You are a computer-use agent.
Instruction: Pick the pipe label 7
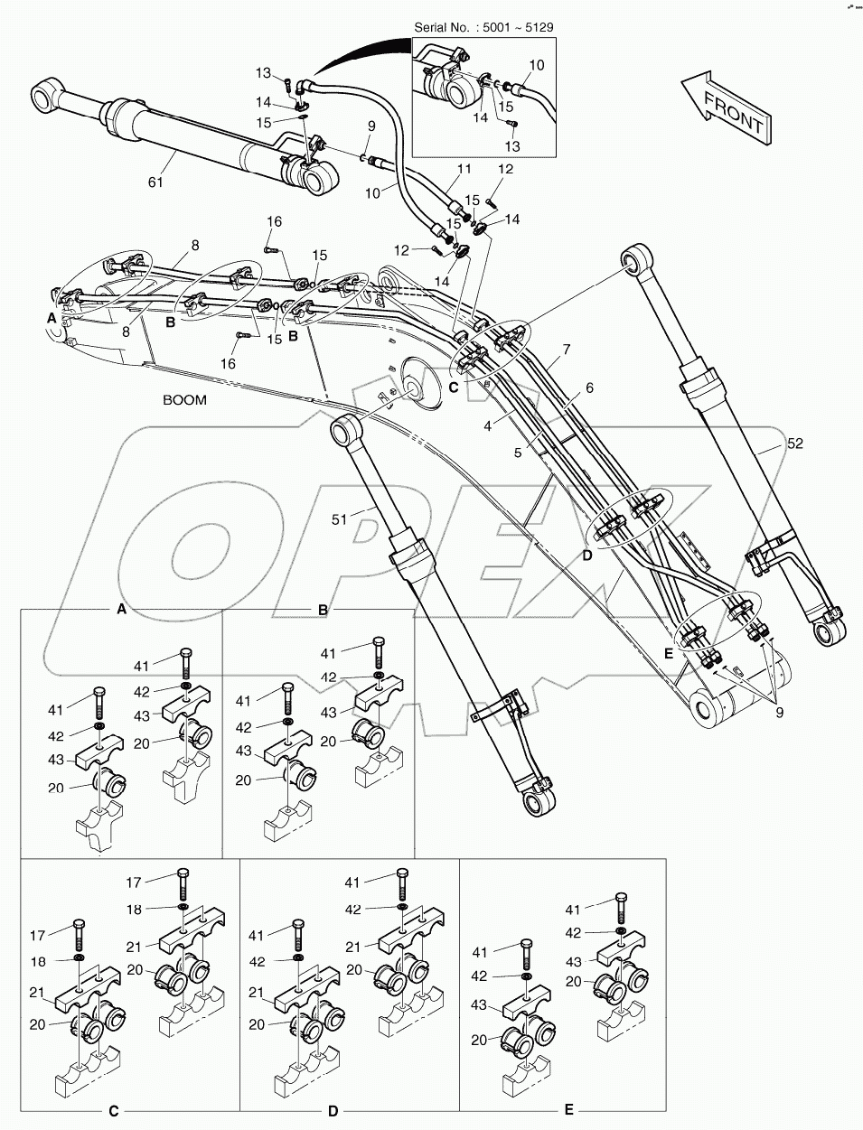(x=567, y=348)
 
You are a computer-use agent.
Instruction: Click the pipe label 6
(x=588, y=388)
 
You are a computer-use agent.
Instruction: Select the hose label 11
(x=464, y=169)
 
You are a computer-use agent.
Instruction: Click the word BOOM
(x=184, y=400)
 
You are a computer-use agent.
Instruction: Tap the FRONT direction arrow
(x=727, y=107)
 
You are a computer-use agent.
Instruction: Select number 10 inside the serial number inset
(x=536, y=65)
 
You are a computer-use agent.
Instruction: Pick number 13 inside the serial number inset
(x=512, y=146)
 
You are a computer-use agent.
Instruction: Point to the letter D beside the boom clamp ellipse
(x=587, y=556)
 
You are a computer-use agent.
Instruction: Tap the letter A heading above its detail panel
(x=121, y=610)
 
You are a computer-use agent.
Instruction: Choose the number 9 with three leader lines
(x=779, y=712)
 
